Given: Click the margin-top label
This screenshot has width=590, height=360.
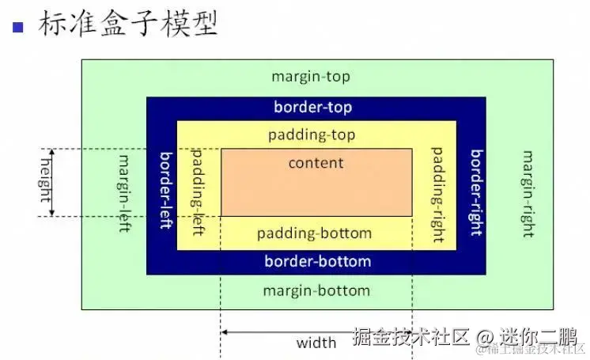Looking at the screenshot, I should pos(310,77).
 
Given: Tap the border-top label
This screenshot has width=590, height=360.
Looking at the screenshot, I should pos(312,107).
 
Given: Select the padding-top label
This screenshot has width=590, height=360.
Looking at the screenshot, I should pos(311,134).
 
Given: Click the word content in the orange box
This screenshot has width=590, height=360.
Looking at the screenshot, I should pos(316,163).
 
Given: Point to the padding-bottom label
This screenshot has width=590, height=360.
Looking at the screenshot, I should pos(314,233).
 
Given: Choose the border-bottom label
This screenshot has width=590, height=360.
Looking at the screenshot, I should pos(317,261).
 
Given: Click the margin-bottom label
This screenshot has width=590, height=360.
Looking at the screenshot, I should pos(316,290).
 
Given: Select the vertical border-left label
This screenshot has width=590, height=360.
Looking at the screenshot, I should pos(166,190).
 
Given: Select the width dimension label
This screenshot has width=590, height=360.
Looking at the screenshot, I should pos(316,343).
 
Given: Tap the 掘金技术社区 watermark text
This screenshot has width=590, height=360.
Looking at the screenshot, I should pos(410,336).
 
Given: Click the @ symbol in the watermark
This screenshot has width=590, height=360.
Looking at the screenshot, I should pos(485,336).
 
